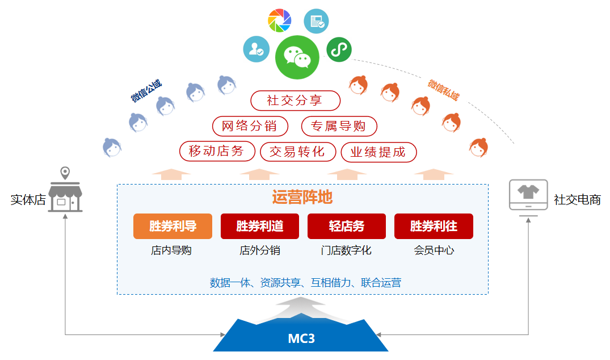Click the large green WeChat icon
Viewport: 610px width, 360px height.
[x=297, y=57]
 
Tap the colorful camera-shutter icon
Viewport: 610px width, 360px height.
[x=279, y=20]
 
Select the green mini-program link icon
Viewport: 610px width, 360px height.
[x=339, y=49]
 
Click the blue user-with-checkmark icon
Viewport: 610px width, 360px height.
[x=256, y=49]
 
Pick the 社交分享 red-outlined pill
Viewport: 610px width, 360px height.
[x=295, y=101]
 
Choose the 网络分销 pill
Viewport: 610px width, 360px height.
[x=250, y=126]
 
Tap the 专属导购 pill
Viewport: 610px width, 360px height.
[x=339, y=126]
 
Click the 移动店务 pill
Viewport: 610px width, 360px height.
[x=217, y=151]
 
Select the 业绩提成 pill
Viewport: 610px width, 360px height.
[x=378, y=152]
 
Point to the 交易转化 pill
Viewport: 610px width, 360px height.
[x=297, y=152]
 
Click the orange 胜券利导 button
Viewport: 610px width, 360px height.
[x=173, y=226]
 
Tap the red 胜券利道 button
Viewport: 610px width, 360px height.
[x=260, y=226]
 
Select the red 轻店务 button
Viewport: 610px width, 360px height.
[x=347, y=226]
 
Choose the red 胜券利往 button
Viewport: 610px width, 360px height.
[x=434, y=226]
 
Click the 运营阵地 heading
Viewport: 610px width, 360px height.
[x=302, y=197]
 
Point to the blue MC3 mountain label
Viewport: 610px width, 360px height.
[x=301, y=338]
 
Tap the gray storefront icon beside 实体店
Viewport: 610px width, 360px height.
[x=65, y=197]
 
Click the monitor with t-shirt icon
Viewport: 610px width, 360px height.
[x=528, y=196]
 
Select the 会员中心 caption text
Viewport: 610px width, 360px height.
[x=434, y=250]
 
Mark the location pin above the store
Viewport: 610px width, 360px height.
[x=65, y=173]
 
